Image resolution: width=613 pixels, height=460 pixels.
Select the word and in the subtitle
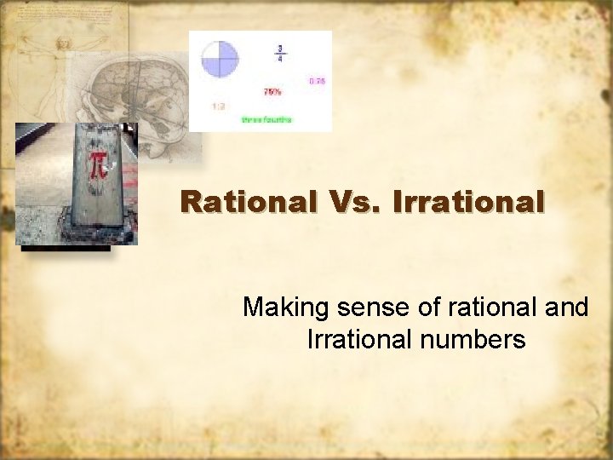click(566, 307)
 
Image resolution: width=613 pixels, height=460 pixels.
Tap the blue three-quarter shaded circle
click(220, 60)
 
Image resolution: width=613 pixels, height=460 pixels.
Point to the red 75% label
click(272, 91)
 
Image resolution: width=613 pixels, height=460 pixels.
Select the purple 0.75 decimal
click(317, 81)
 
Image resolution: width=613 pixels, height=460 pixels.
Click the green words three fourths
click(266, 120)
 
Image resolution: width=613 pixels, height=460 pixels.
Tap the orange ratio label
click(219, 106)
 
